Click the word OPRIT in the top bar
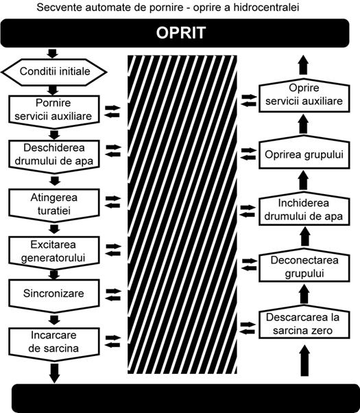click(x=180, y=33)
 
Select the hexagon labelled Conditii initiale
click(x=54, y=71)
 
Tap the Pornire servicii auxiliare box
click(x=54, y=111)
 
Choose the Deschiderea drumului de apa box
click(x=54, y=156)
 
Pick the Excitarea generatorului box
click(x=54, y=252)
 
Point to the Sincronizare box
click(x=54, y=296)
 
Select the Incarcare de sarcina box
click(x=54, y=343)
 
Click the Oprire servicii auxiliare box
click(x=304, y=95)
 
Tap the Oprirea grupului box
click(x=304, y=152)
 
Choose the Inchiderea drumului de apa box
click(x=304, y=209)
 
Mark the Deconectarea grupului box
click(x=304, y=265)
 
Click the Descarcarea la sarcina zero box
click(x=304, y=322)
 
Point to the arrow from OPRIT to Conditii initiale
click(x=52, y=54)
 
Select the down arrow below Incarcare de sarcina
click(x=54, y=373)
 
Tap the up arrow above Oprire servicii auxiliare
click(x=304, y=64)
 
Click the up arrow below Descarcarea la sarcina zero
click(x=304, y=361)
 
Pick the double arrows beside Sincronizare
click(x=113, y=295)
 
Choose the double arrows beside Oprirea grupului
click(x=249, y=154)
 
